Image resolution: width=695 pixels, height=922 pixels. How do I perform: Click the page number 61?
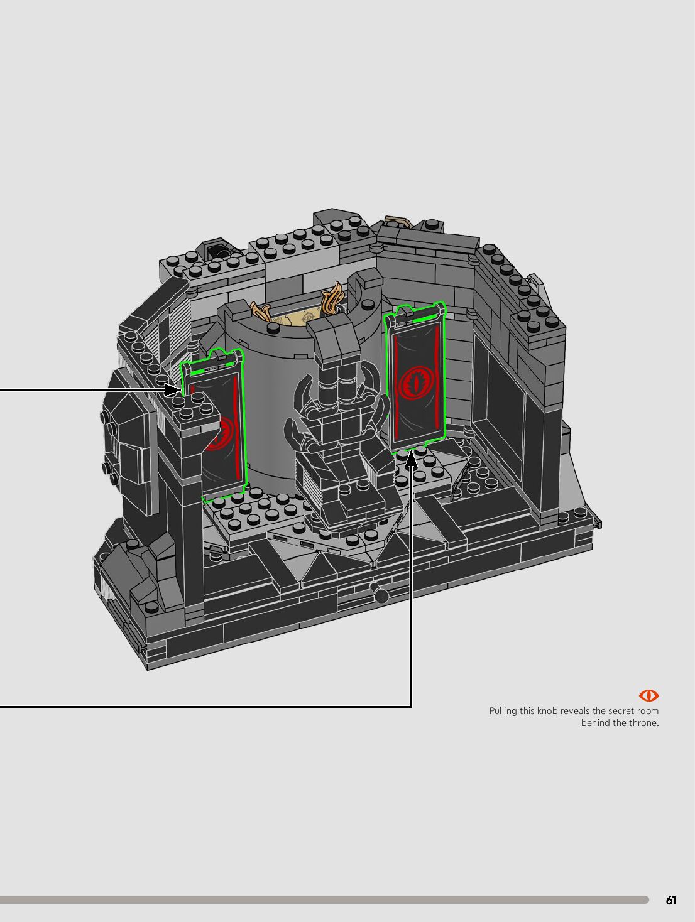(x=671, y=900)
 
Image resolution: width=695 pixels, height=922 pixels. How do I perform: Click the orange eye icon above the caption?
(x=648, y=696)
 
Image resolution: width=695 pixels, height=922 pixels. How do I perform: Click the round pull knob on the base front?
(x=381, y=595)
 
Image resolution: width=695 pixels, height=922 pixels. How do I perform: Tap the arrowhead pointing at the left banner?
(x=172, y=390)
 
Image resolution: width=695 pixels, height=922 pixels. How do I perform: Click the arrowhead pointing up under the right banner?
(x=412, y=458)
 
